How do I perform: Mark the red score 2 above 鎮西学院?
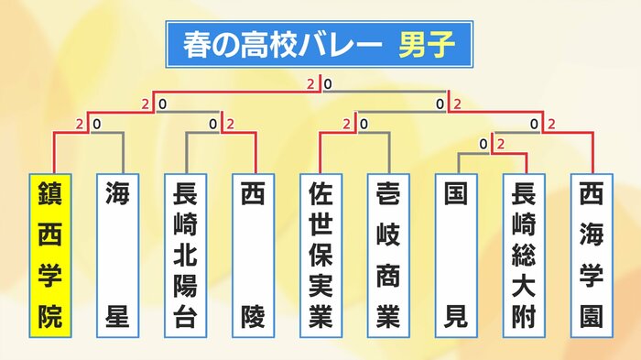pos(81,124)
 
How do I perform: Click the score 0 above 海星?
pos(94,124)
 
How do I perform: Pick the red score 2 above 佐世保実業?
pos(347,124)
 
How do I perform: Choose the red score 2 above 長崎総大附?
pos(500,143)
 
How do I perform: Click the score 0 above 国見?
pos(483,143)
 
